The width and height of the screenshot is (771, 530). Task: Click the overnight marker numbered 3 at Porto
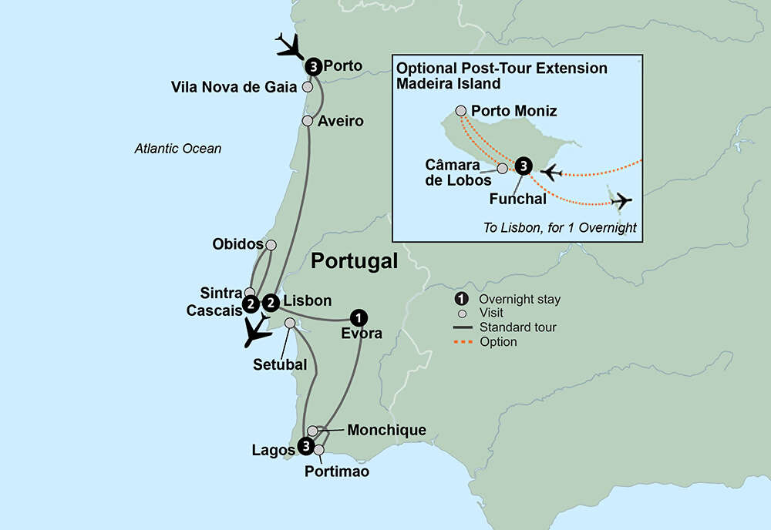(x=313, y=66)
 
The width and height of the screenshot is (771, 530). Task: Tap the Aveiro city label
(x=339, y=121)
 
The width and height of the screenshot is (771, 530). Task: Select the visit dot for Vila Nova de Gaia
(x=308, y=87)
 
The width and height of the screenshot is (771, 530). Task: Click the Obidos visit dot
(x=271, y=244)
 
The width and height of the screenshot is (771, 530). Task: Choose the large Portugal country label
(x=354, y=262)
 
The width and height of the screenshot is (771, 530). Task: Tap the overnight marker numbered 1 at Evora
(x=358, y=317)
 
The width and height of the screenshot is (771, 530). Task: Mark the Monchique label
(x=387, y=430)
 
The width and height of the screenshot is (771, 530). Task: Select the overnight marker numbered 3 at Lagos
(x=306, y=446)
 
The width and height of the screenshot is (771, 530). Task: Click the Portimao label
(x=337, y=471)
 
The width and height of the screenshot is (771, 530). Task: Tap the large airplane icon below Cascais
(x=256, y=330)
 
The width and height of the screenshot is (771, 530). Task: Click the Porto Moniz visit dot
(x=461, y=110)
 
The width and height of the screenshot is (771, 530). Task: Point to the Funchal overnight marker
(x=523, y=165)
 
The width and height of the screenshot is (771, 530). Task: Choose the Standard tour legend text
(x=517, y=327)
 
